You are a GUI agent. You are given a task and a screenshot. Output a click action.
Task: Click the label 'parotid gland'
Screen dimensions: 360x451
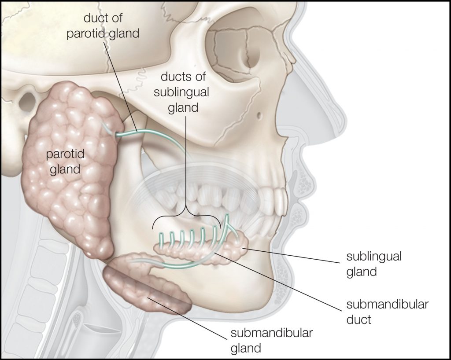coord(65,162)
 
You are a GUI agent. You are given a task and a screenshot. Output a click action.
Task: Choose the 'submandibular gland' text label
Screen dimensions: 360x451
coord(271,340)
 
